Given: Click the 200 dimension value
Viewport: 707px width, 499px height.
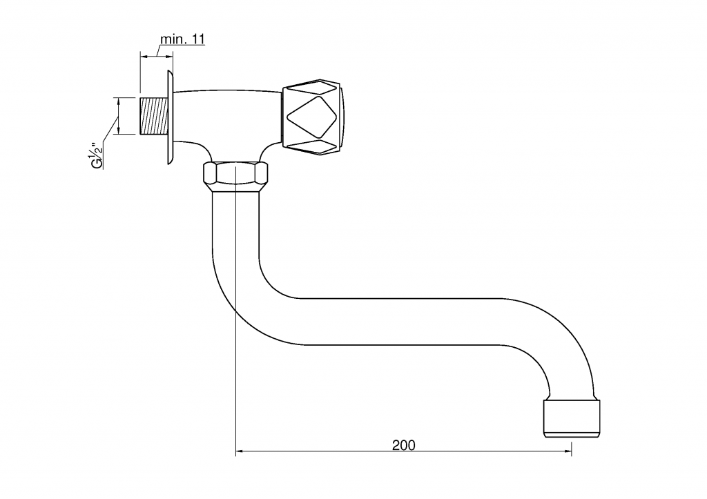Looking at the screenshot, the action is click(403, 445).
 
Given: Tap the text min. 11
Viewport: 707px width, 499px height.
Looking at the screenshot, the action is click(182, 39).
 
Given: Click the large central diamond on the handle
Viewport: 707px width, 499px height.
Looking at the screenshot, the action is click(312, 116).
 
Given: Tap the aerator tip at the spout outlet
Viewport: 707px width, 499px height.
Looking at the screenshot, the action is click(572, 418).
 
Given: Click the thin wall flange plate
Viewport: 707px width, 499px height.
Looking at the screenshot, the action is click(170, 117).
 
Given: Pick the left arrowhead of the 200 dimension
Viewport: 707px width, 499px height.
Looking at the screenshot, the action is click(240, 451).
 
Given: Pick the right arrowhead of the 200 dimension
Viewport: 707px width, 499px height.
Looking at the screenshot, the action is click(568, 451).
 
